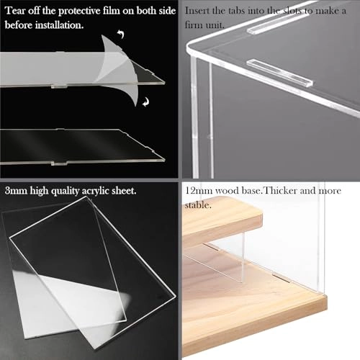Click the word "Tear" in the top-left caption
point(15,11)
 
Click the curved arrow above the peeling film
point(121,34)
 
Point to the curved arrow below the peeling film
point(145,103)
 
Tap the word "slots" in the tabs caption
point(292,11)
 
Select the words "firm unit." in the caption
point(204,25)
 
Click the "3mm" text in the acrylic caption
point(16,191)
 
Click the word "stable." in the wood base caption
point(198,205)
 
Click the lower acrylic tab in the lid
point(279,73)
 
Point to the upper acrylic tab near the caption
point(279,24)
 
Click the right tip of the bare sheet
point(165,160)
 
